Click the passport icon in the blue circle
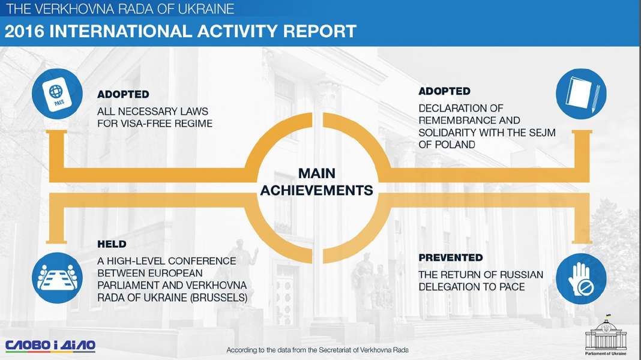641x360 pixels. (x=57, y=94)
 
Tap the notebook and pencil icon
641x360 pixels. (x=581, y=94)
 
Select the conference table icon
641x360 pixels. (x=57, y=278)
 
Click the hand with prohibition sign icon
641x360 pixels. (x=581, y=278)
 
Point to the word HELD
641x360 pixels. (x=112, y=244)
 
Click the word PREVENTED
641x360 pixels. (x=451, y=258)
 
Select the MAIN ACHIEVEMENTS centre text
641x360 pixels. (x=317, y=182)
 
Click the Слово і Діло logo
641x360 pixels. (x=50, y=346)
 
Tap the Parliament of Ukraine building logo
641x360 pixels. (x=606, y=335)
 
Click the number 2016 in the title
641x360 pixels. (x=24, y=31)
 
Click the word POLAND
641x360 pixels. (x=456, y=145)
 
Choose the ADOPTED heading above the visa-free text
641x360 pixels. (x=123, y=94)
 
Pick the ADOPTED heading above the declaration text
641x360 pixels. (x=444, y=91)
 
